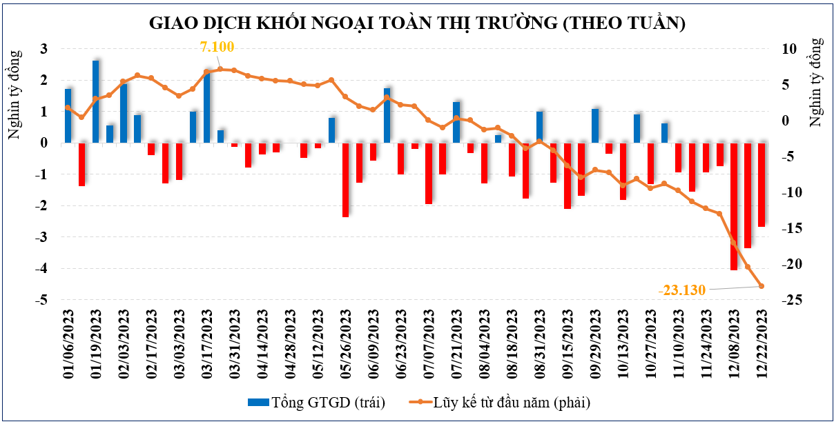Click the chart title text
pos(417,23)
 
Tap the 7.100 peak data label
pos(217,48)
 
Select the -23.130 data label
pos(682,290)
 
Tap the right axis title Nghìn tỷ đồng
pos(817,83)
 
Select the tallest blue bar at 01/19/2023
pos(96,102)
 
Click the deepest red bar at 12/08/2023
pos(734,206)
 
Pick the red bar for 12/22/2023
pos(762,185)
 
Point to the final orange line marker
pos(762,286)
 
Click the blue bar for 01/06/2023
pos(68,116)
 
